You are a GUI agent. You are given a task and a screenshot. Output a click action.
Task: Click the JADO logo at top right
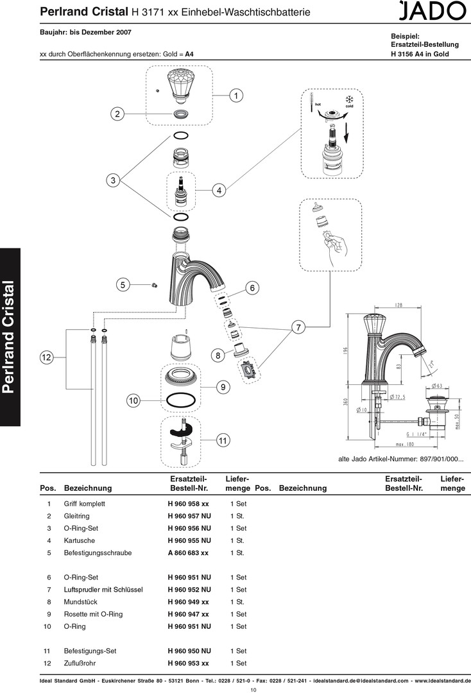pyautogui.click(x=432, y=11)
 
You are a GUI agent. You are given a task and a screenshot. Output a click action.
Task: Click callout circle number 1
pyautogui.click(x=236, y=96)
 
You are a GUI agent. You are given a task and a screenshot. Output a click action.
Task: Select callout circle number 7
pyautogui.click(x=298, y=327)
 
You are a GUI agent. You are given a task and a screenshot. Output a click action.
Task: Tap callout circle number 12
pyautogui.click(x=46, y=357)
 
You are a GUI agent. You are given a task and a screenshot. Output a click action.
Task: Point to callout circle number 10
pyautogui.click(x=133, y=401)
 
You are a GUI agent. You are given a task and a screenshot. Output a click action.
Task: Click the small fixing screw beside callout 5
pyautogui.click(x=154, y=286)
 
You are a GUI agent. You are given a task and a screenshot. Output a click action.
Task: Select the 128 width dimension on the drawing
pyautogui.click(x=398, y=305)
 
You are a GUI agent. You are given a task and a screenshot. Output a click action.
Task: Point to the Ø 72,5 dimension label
pyautogui.click(x=397, y=397)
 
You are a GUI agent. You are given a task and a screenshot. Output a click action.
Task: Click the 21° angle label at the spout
pyautogui.click(x=431, y=364)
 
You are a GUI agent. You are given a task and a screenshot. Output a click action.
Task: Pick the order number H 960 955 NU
pyautogui.click(x=189, y=540)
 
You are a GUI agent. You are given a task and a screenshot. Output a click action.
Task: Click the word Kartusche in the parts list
pyautogui.click(x=79, y=540)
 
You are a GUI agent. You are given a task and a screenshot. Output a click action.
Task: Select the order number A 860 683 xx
pyautogui.click(x=188, y=553)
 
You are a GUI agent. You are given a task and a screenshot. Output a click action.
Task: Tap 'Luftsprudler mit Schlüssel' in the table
pyautogui.click(x=103, y=590)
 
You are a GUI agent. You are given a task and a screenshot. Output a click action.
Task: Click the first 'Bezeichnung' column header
pyautogui.click(x=88, y=488)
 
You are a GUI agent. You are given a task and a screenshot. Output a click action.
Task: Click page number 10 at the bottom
pyautogui.click(x=253, y=689)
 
